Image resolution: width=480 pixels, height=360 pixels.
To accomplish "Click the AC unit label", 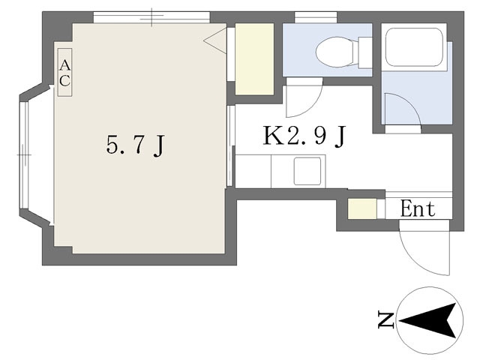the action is pos(65,72).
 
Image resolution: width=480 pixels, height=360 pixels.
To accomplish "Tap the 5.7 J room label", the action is pos(136,145).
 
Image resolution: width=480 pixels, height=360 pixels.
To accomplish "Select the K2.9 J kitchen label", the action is pos(304,136).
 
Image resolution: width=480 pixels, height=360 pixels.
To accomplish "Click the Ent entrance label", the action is pos(418,208).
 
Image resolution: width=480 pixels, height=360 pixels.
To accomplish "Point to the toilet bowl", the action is pos(334,52).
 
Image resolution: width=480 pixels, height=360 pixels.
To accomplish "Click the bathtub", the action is pos(414,46).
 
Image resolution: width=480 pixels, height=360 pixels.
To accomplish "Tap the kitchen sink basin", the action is pos(307,171).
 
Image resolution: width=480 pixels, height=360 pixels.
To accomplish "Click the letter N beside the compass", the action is pos(385,320).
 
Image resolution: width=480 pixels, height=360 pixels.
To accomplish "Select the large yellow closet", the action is pos(254,59).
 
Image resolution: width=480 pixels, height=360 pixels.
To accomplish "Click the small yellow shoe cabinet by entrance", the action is pos(362,208).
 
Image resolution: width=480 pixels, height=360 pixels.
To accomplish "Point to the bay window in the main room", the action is pos(24,155).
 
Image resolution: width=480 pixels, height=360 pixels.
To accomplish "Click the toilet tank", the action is pos(365,52).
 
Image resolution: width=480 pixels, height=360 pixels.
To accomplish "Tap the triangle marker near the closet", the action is pos(215,40).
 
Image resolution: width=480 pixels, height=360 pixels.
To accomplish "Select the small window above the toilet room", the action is pos(316,17).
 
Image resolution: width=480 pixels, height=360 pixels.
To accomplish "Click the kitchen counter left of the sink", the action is pos(253,172).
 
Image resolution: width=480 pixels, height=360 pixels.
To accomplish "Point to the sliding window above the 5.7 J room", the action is pos(151,17).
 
